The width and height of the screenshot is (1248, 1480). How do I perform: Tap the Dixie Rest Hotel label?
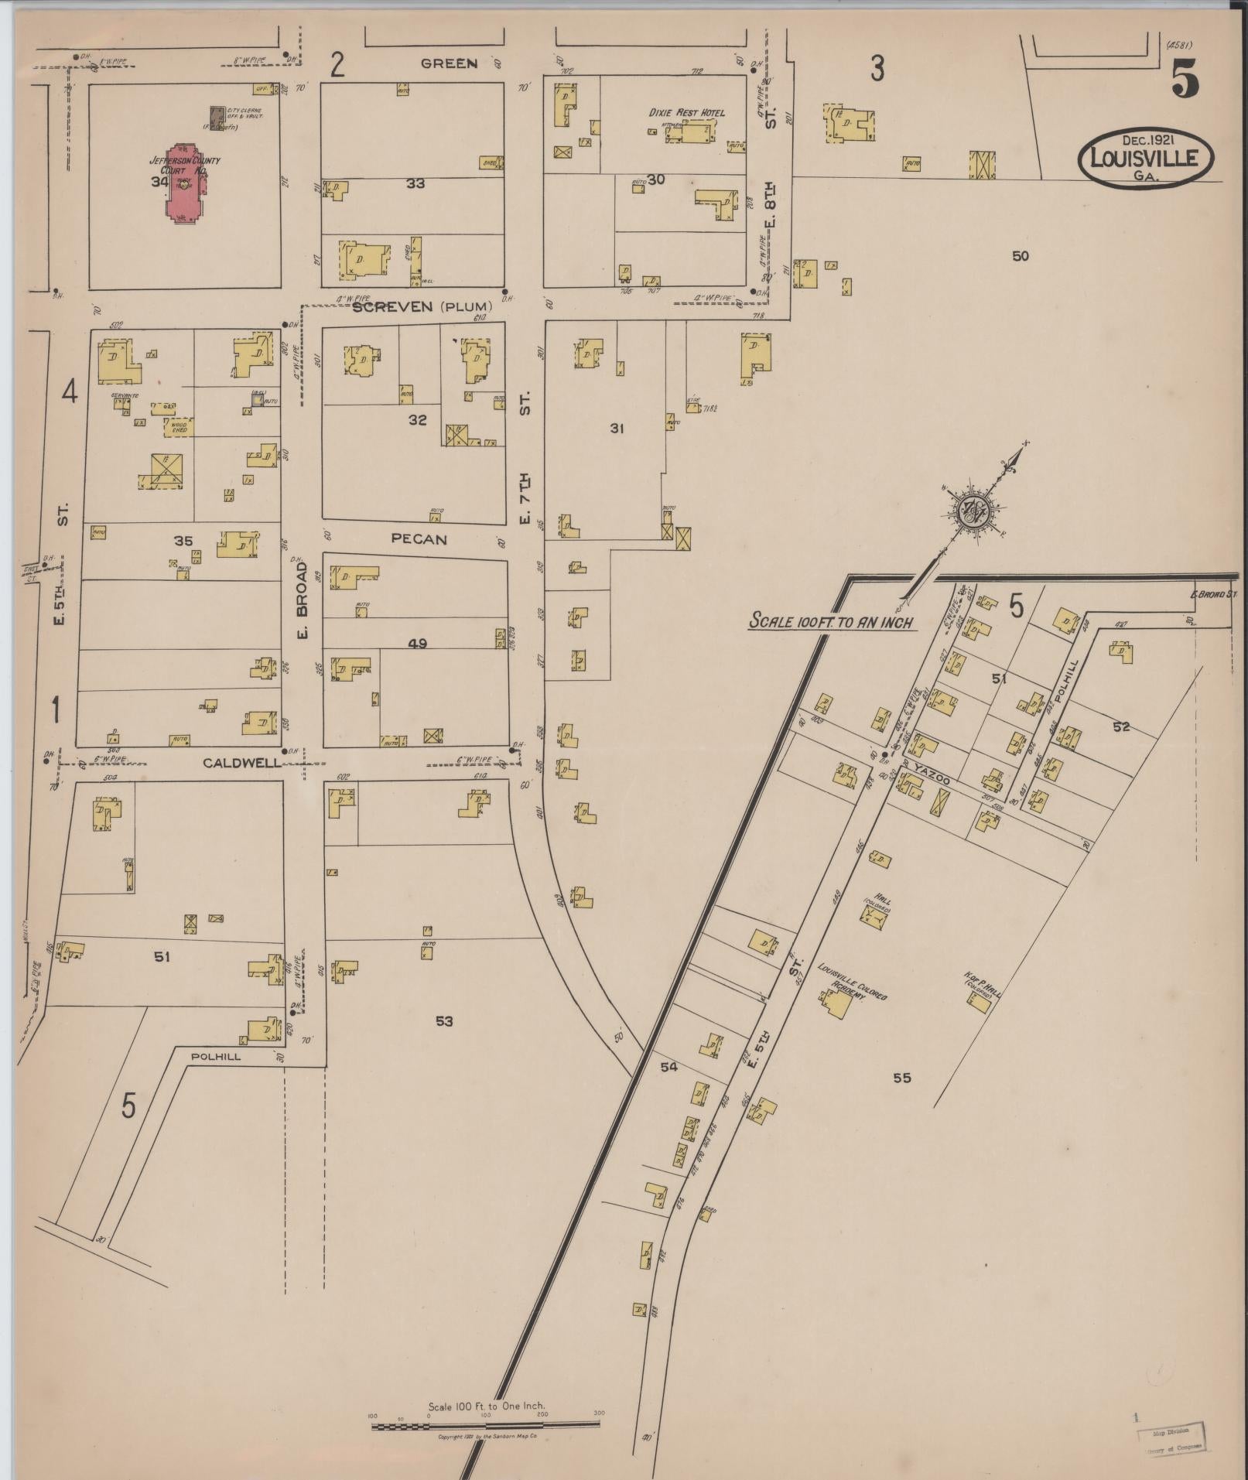pos(687,113)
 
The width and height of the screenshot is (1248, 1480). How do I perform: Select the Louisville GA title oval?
pos(1145,158)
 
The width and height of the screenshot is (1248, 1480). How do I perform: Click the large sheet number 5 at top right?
pos(1185,77)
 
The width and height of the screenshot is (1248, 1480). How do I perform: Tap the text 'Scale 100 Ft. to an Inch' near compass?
pos(832,621)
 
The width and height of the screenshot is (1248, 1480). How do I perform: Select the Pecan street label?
pos(419,539)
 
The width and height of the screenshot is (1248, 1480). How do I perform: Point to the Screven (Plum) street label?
pos(422,306)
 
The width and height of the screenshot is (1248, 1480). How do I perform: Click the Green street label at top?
pos(449,63)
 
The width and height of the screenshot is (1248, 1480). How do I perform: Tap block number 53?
pos(443,1021)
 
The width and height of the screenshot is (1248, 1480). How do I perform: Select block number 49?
pos(419,643)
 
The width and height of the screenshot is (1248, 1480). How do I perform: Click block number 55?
pos(901,1078)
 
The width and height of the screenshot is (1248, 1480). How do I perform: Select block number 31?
pos(617,428)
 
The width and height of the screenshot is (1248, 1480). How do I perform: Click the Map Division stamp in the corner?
pos(1172,1439)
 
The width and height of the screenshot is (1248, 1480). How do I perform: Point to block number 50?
pos(1021,256)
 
